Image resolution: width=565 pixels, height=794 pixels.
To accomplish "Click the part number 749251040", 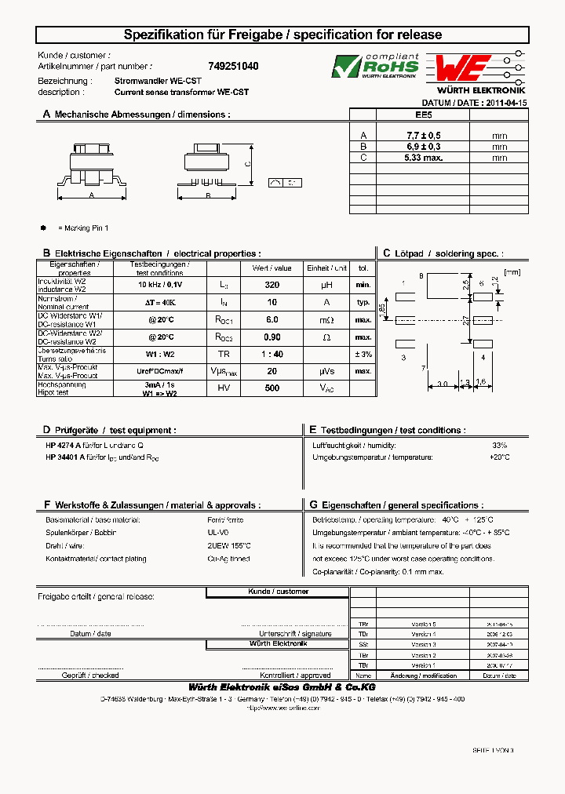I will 233,67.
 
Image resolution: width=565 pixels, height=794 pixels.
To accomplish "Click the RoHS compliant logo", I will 375,67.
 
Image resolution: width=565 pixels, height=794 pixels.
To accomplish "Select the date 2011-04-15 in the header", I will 506,103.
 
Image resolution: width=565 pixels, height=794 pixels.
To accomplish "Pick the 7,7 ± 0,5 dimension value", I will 423,136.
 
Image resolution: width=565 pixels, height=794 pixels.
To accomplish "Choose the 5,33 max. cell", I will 423,158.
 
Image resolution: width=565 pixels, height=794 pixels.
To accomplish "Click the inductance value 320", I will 272,286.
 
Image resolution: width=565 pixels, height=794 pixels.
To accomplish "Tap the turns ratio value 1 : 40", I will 272,354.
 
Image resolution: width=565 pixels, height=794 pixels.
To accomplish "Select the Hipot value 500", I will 272,388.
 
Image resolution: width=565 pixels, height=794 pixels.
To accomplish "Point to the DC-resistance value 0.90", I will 272,337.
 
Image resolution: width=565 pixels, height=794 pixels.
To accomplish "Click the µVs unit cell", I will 326,371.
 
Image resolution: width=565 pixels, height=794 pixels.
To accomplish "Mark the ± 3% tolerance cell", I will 363,354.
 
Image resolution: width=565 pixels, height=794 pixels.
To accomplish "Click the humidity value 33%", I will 500,445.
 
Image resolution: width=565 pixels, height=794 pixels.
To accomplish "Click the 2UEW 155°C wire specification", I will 228,546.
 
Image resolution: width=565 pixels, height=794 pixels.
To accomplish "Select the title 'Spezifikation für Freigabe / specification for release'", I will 282,35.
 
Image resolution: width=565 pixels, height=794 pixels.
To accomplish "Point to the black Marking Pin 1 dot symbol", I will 43,228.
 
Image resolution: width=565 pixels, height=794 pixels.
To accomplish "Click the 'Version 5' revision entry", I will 423,623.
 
